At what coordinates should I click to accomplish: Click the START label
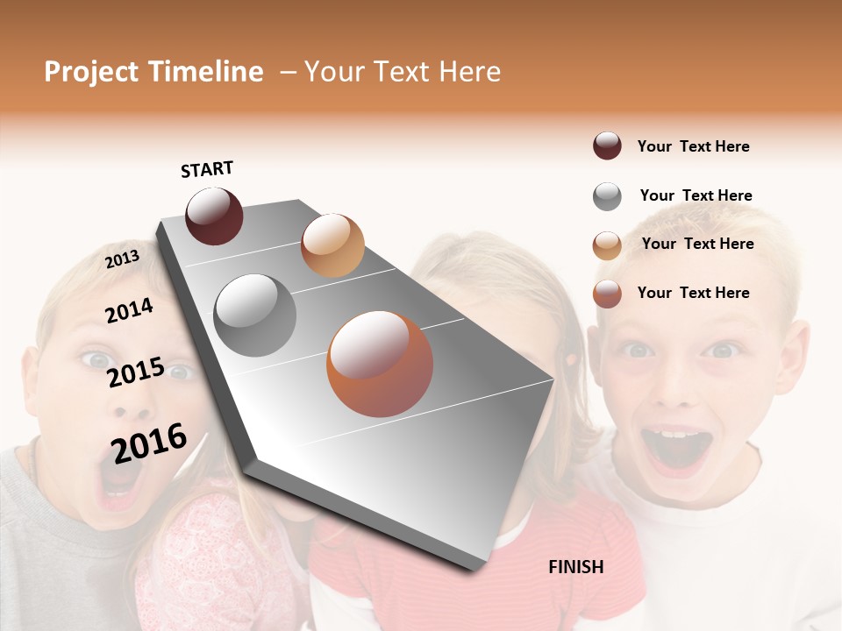[207, 169]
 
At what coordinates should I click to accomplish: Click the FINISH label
[575, 567]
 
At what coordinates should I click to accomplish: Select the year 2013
[122, 259]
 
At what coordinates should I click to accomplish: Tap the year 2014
[129, 310]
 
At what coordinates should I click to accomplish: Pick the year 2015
[136, 372]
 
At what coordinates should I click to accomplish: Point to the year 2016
[149, 443]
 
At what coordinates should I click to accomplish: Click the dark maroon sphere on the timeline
[214, 216]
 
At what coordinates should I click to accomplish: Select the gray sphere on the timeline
[255, 315]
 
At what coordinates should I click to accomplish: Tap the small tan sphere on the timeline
[332, 245]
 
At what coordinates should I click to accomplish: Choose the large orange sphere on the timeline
[380, 364]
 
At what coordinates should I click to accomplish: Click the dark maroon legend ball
[607, 146]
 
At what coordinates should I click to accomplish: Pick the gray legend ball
[607, 196]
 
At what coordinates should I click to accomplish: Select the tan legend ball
[607, 245]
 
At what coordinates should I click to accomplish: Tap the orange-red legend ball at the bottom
[607, 294]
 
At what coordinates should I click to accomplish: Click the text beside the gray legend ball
[696, 195]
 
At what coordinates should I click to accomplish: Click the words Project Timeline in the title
[153, 72]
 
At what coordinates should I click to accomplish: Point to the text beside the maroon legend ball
[693, 146]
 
